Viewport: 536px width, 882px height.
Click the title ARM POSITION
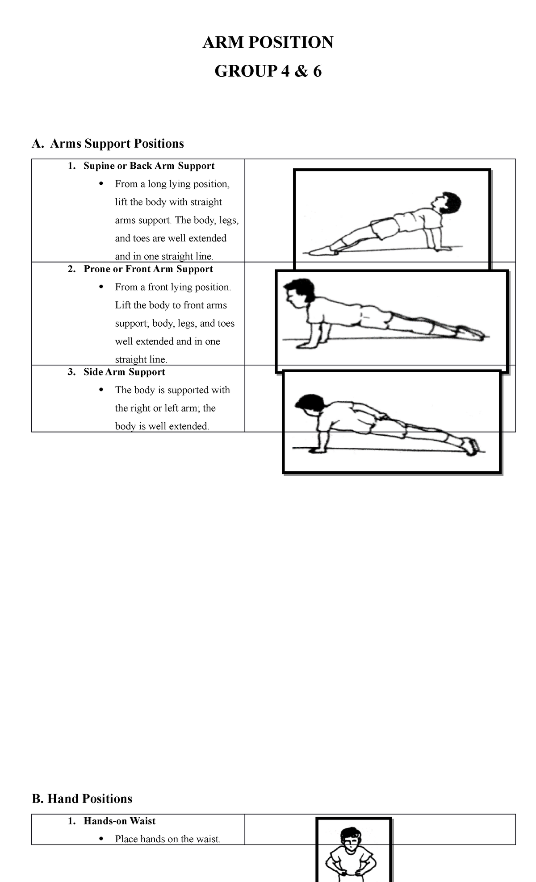tap(268, 42)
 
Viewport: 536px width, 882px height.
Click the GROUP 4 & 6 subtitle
tap(268, 71)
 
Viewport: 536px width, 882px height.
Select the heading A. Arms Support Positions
tap(108, 144)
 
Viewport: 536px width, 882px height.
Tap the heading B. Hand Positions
tap(82, 799)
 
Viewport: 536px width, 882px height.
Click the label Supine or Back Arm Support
tap(149, 166)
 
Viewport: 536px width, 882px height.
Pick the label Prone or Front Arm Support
tap(148, 269)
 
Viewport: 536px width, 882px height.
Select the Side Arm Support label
tap(124, 372)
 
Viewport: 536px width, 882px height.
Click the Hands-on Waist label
tap(119, 821)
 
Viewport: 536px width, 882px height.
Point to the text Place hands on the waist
tap(167, 839)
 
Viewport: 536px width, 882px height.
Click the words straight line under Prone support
tap(140, 360)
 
